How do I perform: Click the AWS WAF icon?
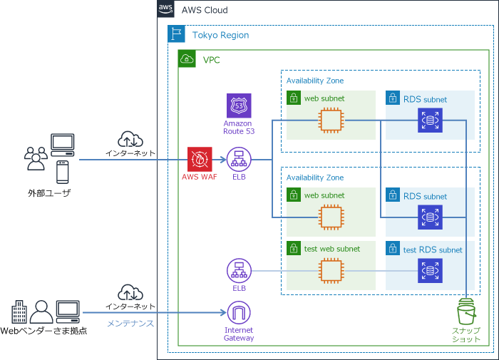[x=198, y=159]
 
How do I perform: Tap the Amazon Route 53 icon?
[x=238, y=106]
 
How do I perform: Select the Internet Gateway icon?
[x=238, y=313]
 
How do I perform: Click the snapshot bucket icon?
[x=467, y=312]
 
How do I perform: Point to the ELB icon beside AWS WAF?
[x=238, y=159]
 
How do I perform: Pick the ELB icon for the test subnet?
[x=238, y=271]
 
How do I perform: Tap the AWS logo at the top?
[x=165, y=9]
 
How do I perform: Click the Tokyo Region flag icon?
[x=175, y=34]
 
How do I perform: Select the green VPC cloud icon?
[x=186, y=59]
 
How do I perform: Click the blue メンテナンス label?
[x=130, y=324]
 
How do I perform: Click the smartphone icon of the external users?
[x=63, y=172]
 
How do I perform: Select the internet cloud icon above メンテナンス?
[x=130, y=292]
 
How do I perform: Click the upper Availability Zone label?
[x=314, y=81]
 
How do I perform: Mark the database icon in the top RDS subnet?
[x=431, y=120]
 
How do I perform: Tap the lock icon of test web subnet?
[x=293, y=248]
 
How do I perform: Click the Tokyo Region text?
[x=220, y=34]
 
